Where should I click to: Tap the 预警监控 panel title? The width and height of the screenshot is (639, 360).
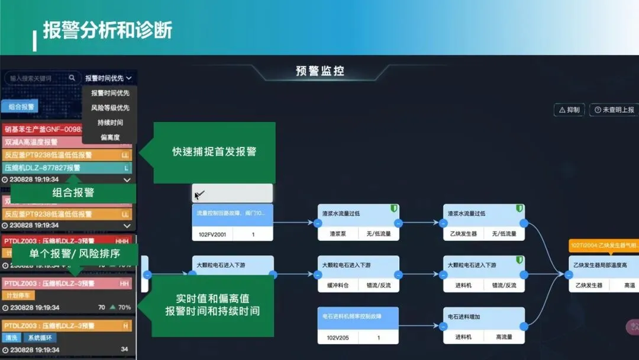pyautogui.click(x=320, y=71)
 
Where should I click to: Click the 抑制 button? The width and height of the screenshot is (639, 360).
pyautogui.click(x=569, y=110)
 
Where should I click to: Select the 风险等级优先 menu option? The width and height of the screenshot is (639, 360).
pyautogui.click(x=110, y=108)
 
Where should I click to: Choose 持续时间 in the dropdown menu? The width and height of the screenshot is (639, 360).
pyautogui.click(x=110, y=123)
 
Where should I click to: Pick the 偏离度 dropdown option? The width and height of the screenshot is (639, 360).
pyautogui.click(x=110, y=137)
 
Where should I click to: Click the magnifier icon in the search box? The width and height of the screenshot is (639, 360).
pyautogui.click(x=72, y=78)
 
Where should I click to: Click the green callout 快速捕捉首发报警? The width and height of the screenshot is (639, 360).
pyautogui.click(x=214, y=152)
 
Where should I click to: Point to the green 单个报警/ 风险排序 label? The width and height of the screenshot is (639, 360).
pyautogui.click(x=75, y=253)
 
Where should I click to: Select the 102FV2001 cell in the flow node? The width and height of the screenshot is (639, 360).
pyautogui.click(x=212, y=234)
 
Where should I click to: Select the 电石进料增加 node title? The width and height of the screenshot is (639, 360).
pyautogui.click(x=464, y=317)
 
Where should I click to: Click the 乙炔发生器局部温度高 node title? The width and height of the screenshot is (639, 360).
pyautogui.click(x=601, y=265)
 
